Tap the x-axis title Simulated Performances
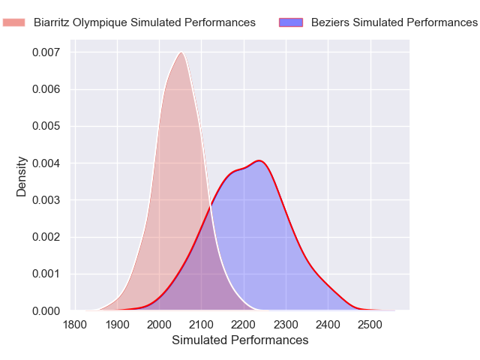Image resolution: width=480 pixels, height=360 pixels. [240, 340]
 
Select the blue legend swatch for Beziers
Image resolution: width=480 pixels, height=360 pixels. [291, 22]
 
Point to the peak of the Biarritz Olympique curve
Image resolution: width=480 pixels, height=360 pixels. [181, 52]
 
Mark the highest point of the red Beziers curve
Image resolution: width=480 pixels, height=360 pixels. [259, 160]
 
